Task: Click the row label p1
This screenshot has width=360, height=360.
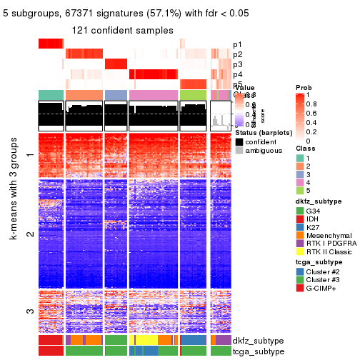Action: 237,44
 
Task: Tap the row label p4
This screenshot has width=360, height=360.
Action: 237,74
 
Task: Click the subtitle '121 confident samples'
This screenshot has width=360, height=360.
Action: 122,30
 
